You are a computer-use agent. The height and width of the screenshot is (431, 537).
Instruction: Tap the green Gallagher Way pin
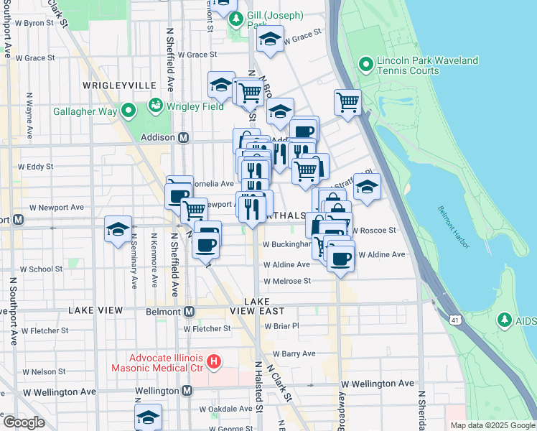pyautogui.click(x=129, y=111)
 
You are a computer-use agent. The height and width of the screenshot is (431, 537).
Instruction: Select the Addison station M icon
pyautogui.click(x=183, y=137)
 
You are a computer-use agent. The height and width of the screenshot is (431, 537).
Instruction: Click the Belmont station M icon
pyautogui.click(x=190, y=311)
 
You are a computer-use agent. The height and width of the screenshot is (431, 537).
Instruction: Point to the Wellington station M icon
pyautogui.click(x=187, y=390)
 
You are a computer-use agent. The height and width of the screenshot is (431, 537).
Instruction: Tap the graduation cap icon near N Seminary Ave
pyautogui.click(x=118, y=229)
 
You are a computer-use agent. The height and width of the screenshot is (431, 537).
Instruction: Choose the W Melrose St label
pyautogui.click(x=286, y=282)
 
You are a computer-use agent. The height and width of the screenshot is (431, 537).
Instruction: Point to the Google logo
pyautogui.click(x=24, y=422)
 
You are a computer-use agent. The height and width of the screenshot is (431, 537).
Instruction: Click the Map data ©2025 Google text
pyautogui.click(x=492, y=425)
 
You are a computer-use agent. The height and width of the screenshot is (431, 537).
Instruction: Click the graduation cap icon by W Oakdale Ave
pyautogui.click(x=148, y=417)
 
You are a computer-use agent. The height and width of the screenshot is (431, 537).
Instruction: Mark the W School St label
pyautogui.click(x=41, y=269)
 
